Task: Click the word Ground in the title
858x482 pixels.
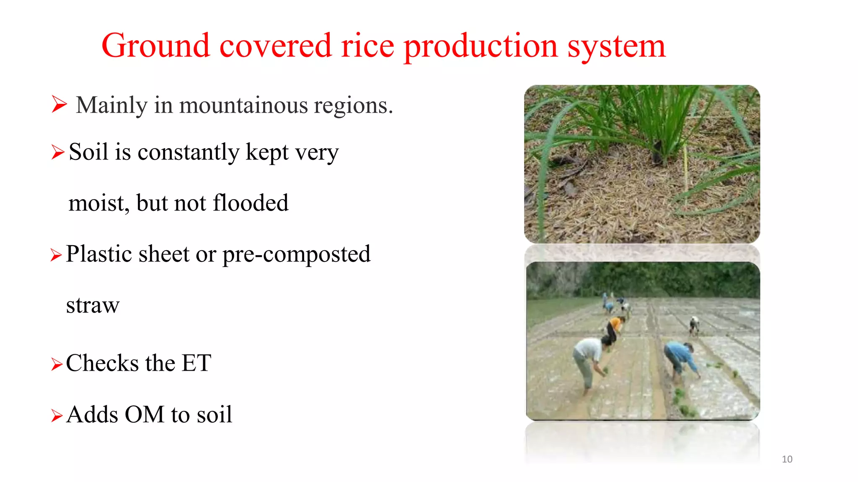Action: coord(155,46)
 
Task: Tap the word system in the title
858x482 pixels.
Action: coord(616,47)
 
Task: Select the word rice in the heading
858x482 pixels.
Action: coord(367,46)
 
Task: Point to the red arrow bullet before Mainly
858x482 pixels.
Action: coord(59,104)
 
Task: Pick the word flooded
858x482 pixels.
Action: coord(251,203)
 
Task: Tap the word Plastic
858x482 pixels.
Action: coord(98,254)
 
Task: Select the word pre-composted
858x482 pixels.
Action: coord(296,254)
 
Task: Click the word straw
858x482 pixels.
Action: coord(93,305)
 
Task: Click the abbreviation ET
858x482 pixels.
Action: coord(196,363)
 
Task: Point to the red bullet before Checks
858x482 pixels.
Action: coord(57,364)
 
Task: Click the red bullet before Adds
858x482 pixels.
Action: coord(57,416)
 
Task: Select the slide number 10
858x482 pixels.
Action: coord(787,459)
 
